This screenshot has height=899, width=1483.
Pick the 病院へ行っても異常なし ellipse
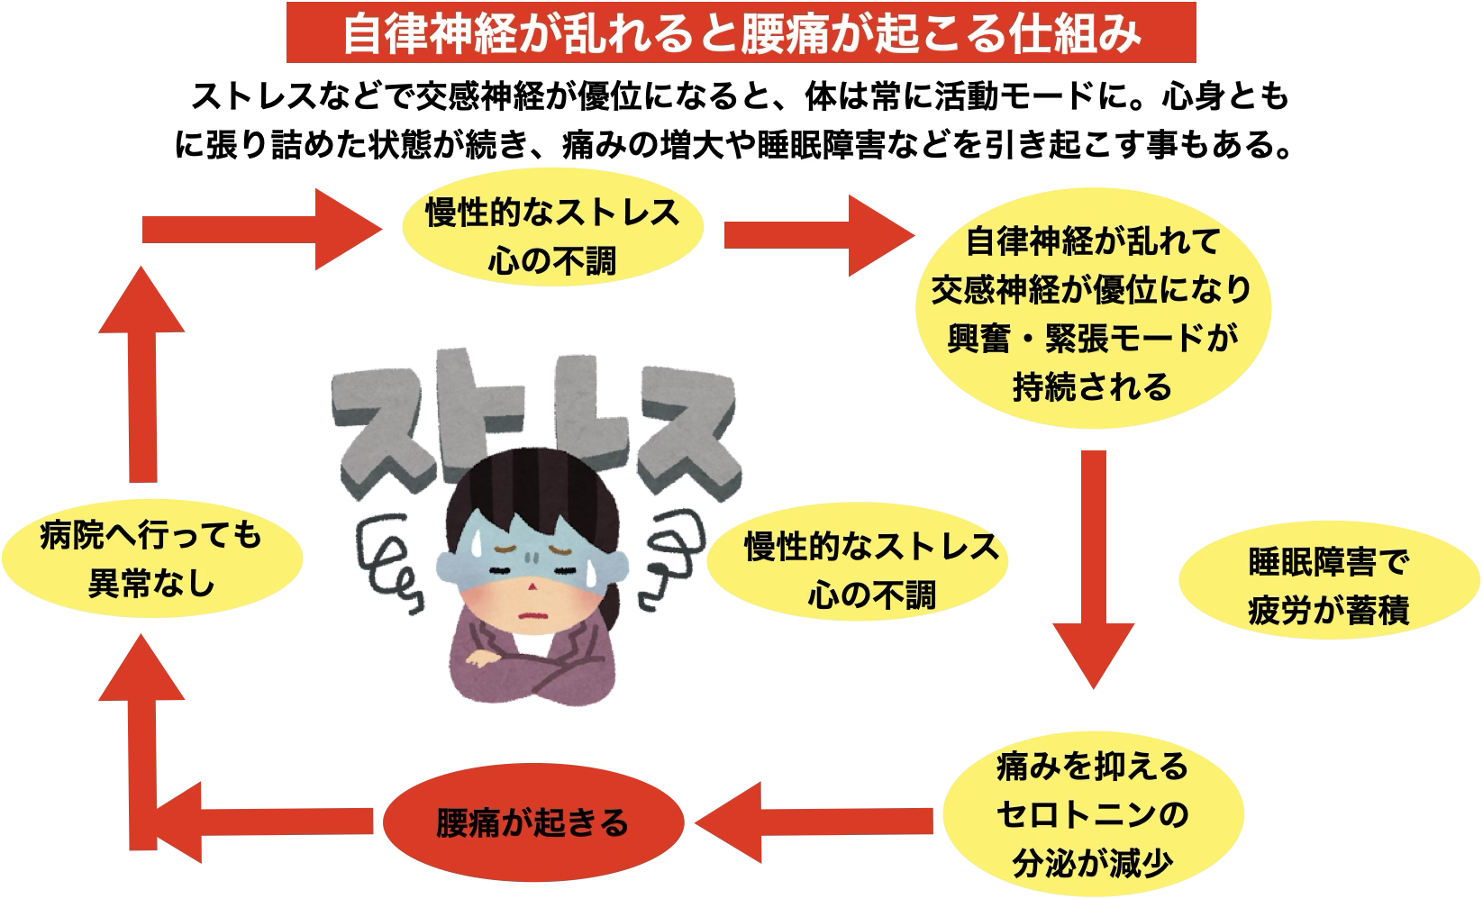(x=151, y=560)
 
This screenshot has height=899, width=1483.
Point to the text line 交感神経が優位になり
(x=1092, y=290)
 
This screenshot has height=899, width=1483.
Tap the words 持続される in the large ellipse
(x=1092, y=387)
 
